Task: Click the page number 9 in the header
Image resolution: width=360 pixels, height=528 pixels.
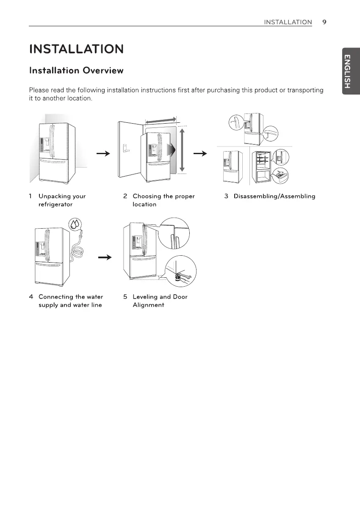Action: [x=324, y=22]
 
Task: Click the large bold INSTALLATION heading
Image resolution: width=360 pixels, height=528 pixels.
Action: [x=76, y=50]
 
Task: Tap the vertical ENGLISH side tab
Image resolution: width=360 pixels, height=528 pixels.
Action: [x=347, y=71]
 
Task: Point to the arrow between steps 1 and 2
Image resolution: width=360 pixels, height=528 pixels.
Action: [x=100, y=154]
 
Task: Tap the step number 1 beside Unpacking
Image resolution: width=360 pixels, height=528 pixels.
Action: [x=30, y=196]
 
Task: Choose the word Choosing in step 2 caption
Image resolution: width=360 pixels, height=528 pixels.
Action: [x=147, y=196]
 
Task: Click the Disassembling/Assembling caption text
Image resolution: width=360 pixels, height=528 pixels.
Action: [x=274, y=196]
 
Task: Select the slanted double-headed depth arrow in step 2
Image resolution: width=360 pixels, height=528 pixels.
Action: [x=161, y=121]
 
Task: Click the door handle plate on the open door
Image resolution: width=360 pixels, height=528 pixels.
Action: [x=125, y=149]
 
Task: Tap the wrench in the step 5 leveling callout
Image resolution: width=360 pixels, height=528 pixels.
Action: [x=185, y=277]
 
